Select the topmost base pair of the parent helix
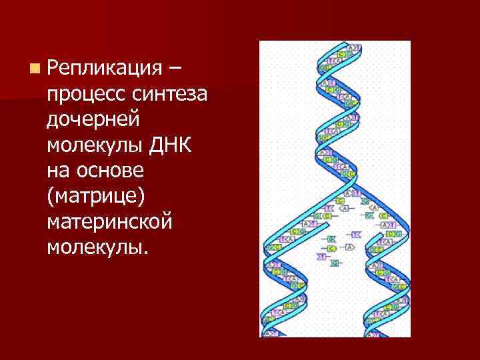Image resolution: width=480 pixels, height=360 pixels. pos(353,48)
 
